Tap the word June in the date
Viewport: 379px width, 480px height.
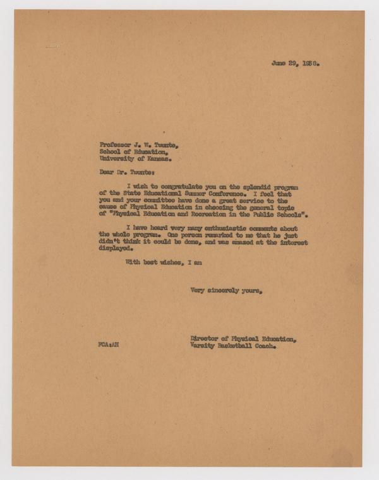click(279, 63)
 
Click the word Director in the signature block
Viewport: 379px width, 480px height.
click(207, 339)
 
